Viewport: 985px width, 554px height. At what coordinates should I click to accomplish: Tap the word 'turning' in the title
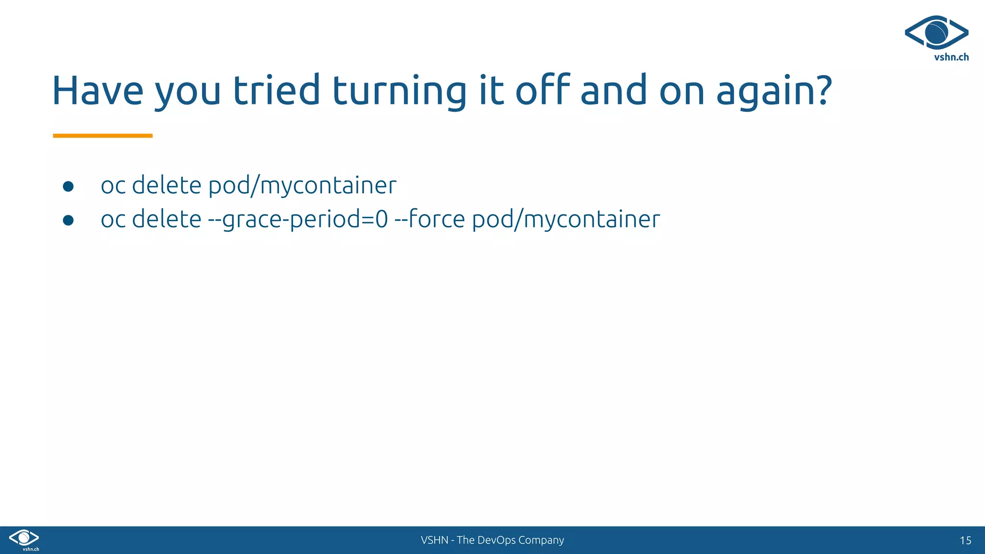point(399,91)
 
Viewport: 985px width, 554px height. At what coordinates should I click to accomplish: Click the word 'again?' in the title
point(774,91)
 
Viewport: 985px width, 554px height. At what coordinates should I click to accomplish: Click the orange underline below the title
point(102,136)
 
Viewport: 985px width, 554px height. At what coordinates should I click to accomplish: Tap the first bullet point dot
point(68,187)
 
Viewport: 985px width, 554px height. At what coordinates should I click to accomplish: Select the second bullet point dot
point(68,220)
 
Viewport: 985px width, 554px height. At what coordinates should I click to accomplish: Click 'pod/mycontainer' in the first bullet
point(303,186)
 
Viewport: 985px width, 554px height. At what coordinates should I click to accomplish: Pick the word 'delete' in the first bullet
point(166,186)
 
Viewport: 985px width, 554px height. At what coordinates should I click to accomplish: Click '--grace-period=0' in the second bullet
point(298,220)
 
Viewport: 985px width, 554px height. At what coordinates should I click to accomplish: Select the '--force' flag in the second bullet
point(429,219)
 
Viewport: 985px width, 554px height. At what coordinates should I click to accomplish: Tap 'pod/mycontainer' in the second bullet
point(566,220)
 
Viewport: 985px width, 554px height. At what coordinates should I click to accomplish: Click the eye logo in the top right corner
point(936,32)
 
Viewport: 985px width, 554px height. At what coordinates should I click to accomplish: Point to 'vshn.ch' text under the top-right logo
point(951,57)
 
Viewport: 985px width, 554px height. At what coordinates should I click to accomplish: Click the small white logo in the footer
point(24,539)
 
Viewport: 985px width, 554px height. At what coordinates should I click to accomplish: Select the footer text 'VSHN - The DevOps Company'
point(492,540)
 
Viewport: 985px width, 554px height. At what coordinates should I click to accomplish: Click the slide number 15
point(965,541)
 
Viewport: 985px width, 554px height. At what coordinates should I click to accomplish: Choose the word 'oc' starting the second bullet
point(113,220)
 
